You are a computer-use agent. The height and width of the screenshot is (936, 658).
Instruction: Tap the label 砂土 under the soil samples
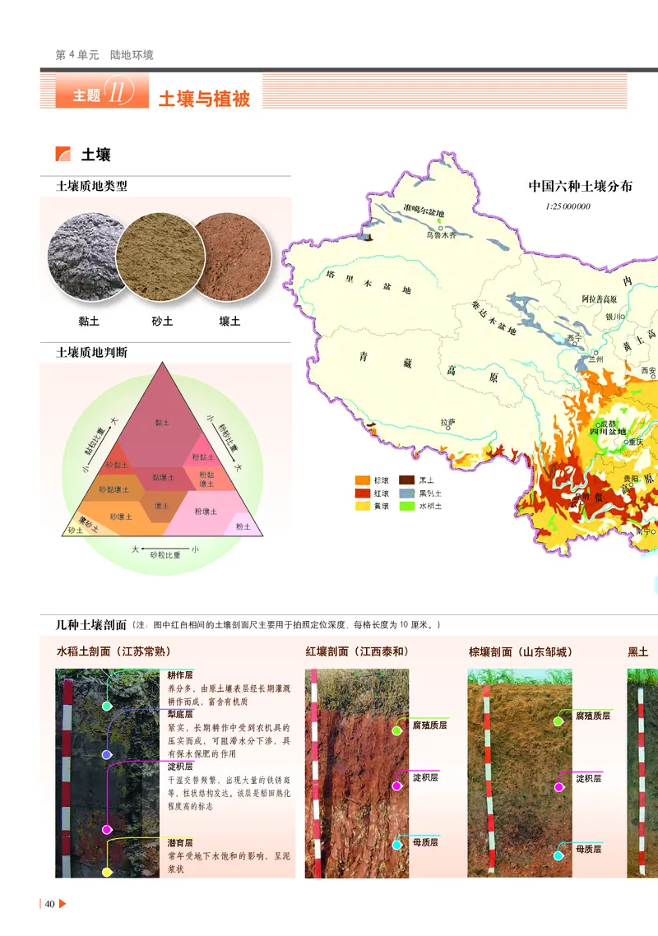click(x=162, y=322)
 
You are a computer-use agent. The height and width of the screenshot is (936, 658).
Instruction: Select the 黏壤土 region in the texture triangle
click(x=163, y=477)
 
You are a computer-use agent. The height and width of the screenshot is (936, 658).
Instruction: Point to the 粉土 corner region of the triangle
click(x=242, y=526)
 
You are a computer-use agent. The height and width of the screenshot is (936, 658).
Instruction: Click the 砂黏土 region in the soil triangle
click(x=115, y=465)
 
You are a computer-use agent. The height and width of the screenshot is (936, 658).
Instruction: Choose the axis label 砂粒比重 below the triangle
click(x=165, y=556)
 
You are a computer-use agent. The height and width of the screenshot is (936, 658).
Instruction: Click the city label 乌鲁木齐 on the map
click(x=441, y=234)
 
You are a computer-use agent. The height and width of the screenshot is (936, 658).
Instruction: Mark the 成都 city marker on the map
click(x=607, y=423)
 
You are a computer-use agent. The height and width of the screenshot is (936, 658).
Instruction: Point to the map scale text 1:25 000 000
click(x=568, y=206)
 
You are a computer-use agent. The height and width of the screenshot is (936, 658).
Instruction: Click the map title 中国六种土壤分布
click(x=580, y=187)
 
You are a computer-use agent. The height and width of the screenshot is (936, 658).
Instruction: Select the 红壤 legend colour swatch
click(x=362, y=493)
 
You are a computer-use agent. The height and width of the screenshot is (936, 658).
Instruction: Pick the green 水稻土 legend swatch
click(x=406, y=506)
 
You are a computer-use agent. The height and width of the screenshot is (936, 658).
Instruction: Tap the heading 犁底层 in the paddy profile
click(x=180, y=715)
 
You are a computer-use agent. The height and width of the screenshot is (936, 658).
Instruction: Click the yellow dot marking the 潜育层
click(x=107, y=872)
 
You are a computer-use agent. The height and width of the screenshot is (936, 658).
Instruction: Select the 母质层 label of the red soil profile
click(x=425, y=842)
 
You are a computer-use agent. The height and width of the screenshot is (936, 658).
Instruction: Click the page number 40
click(x=49, y=905)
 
